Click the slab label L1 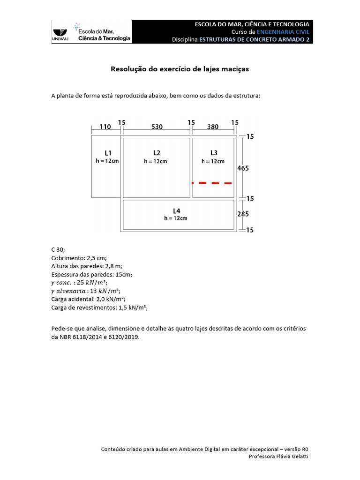[x=108, y=153]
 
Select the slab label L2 [x=157, y=153]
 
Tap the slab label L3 [x=213, y=153]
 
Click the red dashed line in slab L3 [x=213, y=183]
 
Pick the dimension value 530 [x=157, y=127]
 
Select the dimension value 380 [x=213, y=127]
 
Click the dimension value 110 [x=105, y=127]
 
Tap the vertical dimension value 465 [x=243, y=168]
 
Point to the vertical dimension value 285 [x=243, y=214]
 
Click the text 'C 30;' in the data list [x=58, y=250]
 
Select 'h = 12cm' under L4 [x=176, y=218]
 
